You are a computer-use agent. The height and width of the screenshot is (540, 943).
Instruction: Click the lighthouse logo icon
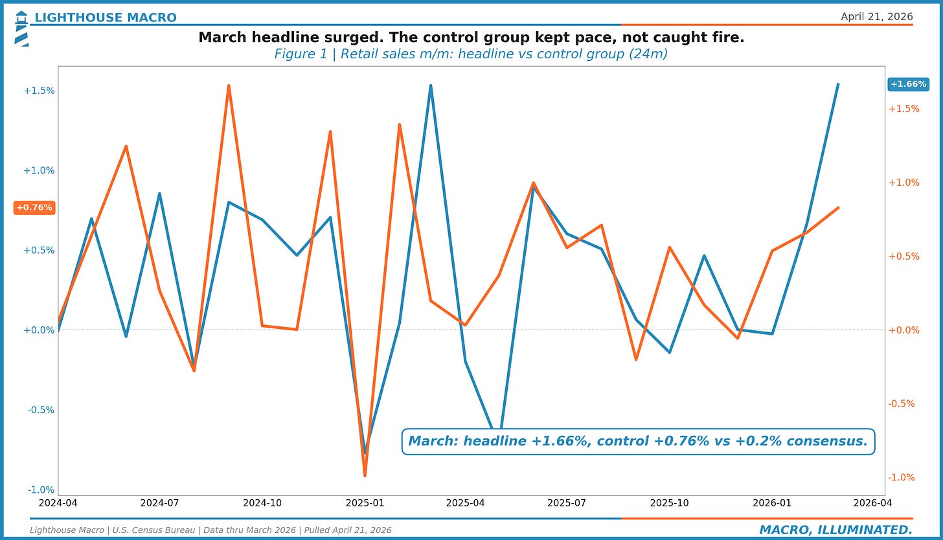(21, 28)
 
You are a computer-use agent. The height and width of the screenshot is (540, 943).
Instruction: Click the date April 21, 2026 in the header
(876, 17)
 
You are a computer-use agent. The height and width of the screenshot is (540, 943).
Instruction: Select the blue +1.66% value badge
(907, 84)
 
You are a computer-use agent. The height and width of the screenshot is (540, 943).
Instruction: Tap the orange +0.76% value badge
(34, 207)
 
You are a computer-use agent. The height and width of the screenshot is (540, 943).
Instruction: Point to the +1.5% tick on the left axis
(39, 91)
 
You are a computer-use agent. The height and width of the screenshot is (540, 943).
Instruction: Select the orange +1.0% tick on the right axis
(903, 183)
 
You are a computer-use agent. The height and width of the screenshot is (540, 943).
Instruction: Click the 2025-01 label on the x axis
(365, 502)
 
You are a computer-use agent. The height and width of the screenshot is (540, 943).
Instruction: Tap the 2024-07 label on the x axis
(159, 502)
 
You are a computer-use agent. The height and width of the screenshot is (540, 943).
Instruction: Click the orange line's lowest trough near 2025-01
(365, 476)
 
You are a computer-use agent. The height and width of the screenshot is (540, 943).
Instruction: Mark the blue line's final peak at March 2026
(838, 84)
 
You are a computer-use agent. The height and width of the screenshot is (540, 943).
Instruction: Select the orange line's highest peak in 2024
(229, 85)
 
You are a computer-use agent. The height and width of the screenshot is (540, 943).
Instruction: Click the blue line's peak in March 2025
(431, 85)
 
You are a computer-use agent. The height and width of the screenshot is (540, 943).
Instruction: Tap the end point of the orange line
(839, 207)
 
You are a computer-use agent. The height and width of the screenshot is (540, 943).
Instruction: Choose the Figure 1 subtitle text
(471, 54)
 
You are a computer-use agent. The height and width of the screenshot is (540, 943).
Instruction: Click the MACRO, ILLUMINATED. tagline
(835, 530)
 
